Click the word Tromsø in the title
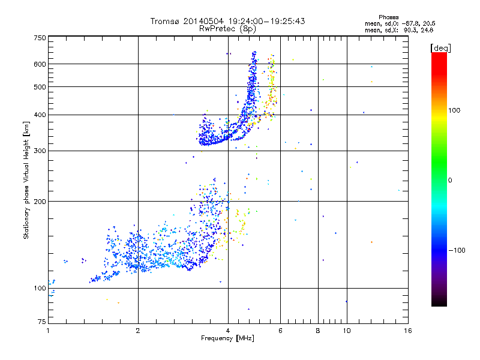(x=164, y=21)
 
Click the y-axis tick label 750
(x=40, y=38)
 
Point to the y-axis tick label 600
(x=40, y=64)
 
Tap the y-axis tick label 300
(x=40, y=151)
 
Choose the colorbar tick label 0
(x=450, y=180)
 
